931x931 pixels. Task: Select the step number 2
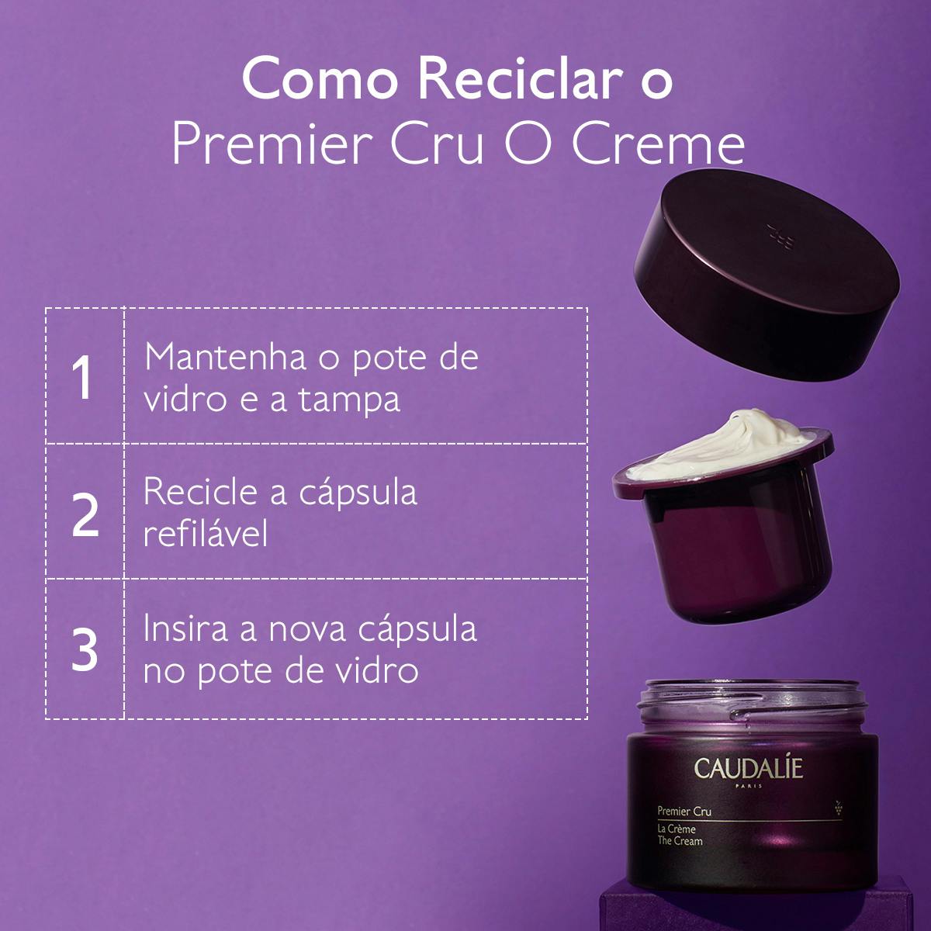[x=85, y=514]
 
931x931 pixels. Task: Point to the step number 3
[x=85, y=649]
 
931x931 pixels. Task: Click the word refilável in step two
[x=206, y=534]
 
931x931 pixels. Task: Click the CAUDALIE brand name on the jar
[x=738, y=769]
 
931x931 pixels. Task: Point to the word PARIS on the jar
[x=738, y=787]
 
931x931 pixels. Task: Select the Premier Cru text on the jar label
[x=684, y=812]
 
